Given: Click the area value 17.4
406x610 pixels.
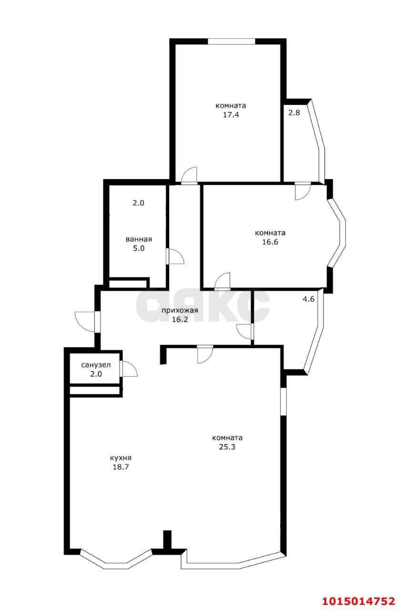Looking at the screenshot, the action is pos(231,115).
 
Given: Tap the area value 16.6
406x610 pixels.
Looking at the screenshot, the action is pos(270,242).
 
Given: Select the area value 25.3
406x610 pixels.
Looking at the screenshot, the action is pos(227,447).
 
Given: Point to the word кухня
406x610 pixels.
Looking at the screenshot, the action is pos(121,458).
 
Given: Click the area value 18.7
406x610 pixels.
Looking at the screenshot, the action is pos(121,467).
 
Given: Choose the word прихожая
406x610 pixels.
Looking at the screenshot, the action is pos(180,310).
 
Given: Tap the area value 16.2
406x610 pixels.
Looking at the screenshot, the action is pos(180,319).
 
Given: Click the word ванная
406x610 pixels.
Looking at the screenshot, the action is pos(139,239).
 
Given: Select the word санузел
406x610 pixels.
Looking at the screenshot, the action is pos(96,365).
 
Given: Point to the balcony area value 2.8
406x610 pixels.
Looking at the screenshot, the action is pos(294,112).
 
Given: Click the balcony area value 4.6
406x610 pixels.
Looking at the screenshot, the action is pos(308,299).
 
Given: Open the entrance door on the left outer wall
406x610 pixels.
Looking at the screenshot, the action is pos(87,322).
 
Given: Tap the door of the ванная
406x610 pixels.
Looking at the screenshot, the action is pos(175,256).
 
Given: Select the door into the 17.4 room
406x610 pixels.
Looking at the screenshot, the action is pos(190,176).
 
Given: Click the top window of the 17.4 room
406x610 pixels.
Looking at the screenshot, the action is pos(232,41).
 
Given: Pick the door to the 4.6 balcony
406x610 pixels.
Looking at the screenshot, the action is pos(245,331).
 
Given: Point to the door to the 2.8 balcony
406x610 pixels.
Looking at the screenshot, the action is pos(303,191).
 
